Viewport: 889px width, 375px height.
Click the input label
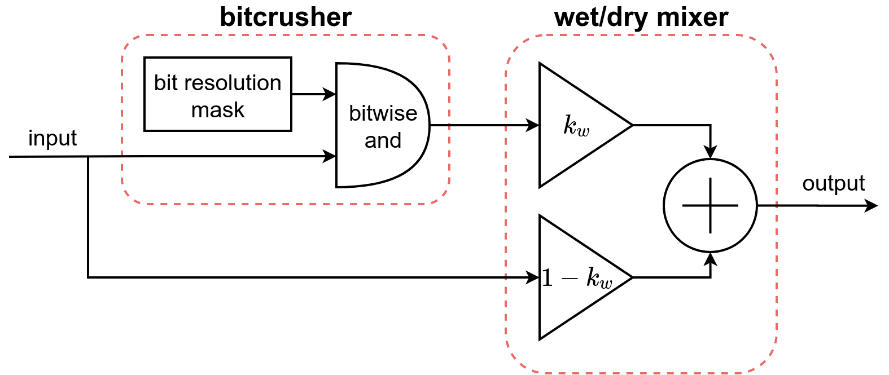point(52,138)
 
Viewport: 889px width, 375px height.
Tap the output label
point(833,183)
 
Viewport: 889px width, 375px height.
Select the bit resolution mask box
point(217,94)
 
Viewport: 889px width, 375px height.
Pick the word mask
point(218,110)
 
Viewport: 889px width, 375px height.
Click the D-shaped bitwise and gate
point(378,125)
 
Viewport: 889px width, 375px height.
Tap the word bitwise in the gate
point(383,113)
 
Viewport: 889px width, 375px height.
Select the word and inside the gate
point(383,140)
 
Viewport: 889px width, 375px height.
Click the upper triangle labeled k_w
point(570,125)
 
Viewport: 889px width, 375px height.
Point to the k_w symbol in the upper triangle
point(576,125)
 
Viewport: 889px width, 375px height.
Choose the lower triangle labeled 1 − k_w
point(570,277)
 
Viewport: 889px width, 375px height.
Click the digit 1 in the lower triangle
point(547,278)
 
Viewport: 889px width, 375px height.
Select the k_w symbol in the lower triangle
point(599,278)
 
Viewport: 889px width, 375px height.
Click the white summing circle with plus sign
point(710,205)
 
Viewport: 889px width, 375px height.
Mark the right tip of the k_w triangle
point(628,125)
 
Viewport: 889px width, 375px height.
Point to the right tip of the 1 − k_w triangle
point(628,277)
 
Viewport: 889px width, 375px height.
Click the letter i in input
point(30,138)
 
